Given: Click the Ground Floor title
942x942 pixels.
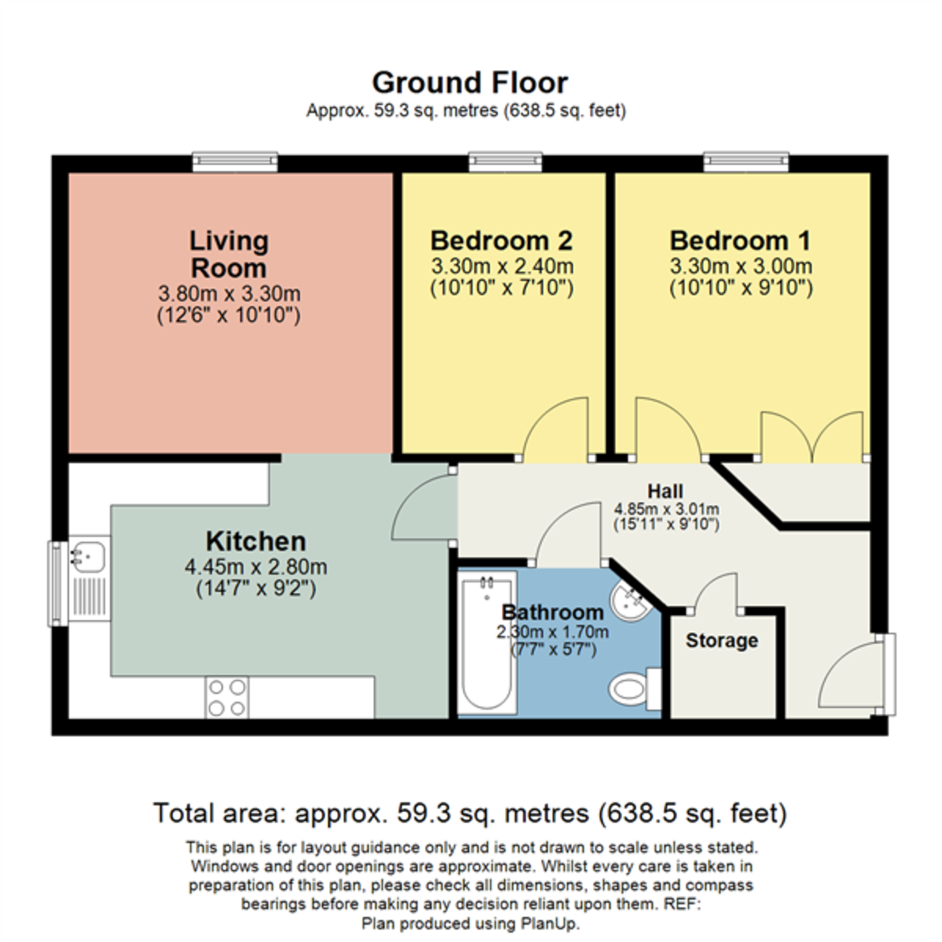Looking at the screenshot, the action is coord(469,82).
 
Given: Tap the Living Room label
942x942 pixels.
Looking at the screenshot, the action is coord(228,254).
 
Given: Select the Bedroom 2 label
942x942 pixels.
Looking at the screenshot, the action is coord(501,240).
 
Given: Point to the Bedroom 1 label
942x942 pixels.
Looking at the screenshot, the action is coord(740,240).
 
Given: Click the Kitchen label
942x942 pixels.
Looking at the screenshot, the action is coord(256,541).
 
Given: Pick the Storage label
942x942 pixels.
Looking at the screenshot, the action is coord(721,641).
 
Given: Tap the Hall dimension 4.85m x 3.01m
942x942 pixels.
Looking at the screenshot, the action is coord(666,509).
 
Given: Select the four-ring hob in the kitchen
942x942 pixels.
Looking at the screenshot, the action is coord(227,697).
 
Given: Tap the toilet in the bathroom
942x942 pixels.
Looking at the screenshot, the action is coord(634,689).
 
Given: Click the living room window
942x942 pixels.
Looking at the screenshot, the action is coord(235,162).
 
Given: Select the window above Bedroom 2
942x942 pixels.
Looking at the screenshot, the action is coord(506,162).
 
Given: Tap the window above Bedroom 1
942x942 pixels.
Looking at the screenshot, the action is coord(746,162).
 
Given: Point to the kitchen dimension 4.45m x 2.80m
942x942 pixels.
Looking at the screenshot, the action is coord(256,567).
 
